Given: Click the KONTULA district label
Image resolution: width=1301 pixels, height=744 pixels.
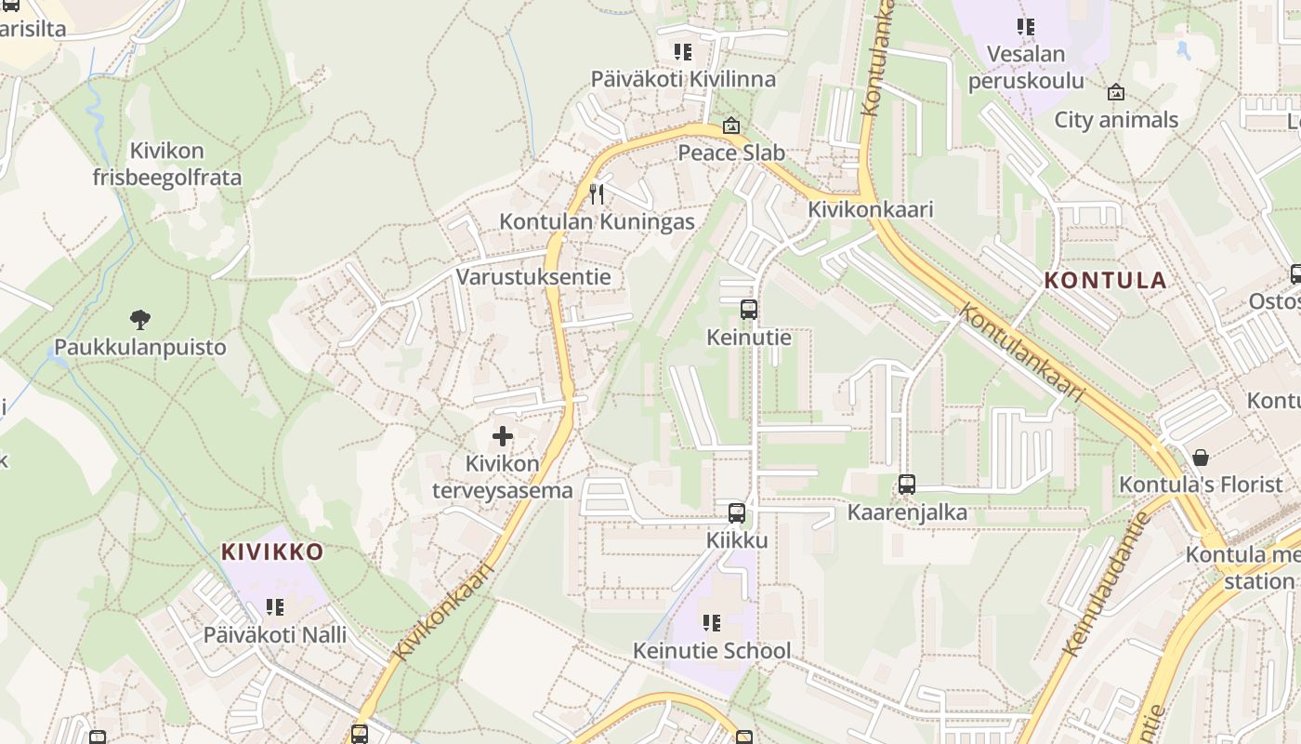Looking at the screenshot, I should (1105, 280).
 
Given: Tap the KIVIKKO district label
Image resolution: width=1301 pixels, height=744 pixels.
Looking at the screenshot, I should (272, 551).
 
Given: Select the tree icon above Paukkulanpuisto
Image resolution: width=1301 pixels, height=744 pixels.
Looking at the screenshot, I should (140, 321).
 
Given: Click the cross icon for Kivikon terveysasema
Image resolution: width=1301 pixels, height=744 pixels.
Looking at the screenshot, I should (503, 435).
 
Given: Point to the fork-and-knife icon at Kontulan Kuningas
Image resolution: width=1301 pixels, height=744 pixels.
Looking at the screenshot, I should (597, 193).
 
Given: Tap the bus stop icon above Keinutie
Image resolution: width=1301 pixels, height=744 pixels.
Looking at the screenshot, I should (749, 310).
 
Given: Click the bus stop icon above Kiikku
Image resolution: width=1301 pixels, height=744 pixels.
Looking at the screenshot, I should (737, 512).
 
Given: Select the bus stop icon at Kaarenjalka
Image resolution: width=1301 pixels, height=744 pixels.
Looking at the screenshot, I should (907, 485).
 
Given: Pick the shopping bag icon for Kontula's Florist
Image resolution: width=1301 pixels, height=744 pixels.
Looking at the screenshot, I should (1201, 458).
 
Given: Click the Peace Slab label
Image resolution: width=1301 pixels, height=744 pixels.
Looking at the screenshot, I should (731, 153).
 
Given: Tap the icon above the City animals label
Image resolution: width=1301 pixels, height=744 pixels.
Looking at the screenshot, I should (1116, 92).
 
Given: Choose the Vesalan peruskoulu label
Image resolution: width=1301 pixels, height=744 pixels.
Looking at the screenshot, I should (1026, 67).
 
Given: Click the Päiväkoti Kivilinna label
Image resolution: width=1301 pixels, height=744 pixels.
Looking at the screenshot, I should (684, 79).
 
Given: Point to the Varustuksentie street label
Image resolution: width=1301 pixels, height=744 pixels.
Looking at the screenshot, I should (533, 276).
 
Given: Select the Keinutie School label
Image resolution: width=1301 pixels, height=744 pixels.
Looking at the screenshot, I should (712, 650).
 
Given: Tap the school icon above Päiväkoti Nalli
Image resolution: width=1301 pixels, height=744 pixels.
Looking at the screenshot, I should (274, 607).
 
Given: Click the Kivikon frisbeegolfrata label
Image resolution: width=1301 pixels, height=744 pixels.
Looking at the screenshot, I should (167, 164).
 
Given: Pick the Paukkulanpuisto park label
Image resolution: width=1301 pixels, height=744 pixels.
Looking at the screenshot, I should (140, 348).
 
